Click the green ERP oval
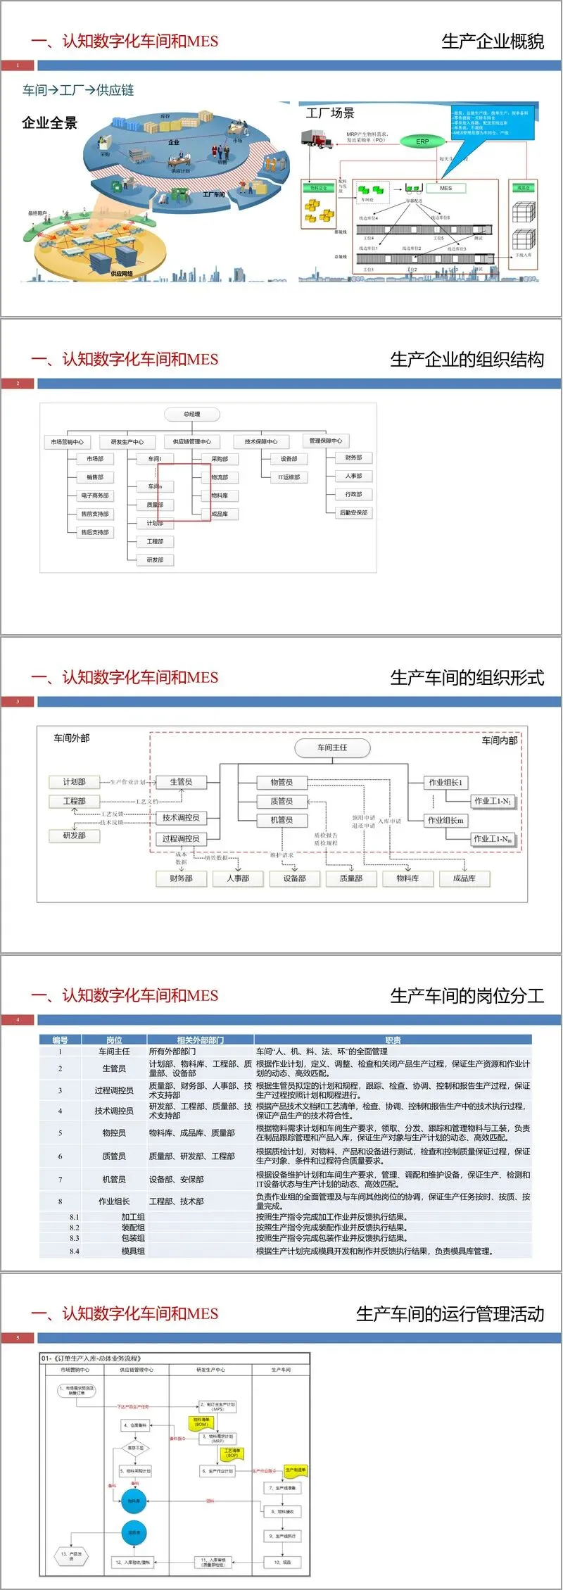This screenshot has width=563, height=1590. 422,141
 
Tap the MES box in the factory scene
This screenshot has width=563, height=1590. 446,188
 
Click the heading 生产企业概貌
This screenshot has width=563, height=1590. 493,42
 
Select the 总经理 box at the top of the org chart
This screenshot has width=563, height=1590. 192,414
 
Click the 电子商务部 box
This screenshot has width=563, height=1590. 95,496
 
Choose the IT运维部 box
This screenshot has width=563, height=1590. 289,477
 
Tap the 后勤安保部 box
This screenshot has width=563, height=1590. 353,512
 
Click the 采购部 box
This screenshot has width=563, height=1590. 220,459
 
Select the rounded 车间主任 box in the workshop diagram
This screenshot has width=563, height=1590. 332,747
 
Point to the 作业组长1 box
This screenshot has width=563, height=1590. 445,783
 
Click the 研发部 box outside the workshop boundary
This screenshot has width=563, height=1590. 74,835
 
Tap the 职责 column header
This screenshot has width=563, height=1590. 393,1040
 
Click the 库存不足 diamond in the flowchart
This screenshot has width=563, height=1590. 135,1448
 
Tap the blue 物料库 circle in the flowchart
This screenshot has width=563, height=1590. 134,1501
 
